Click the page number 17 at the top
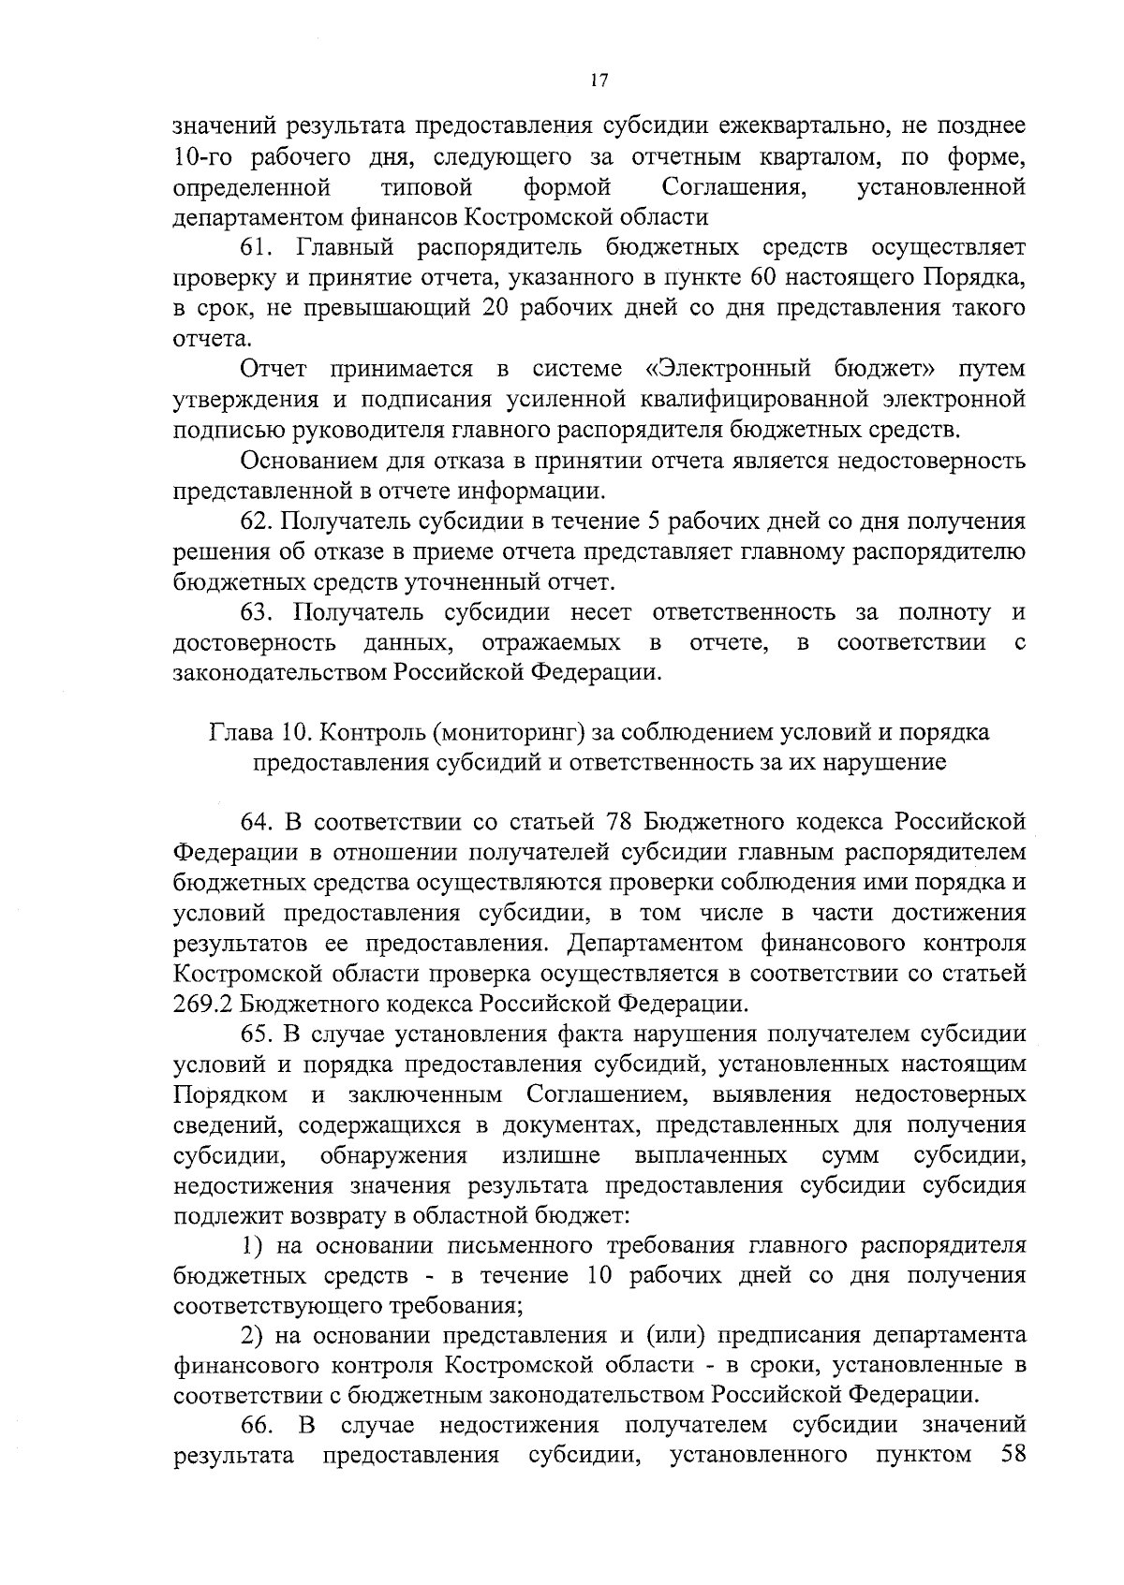(600, 81)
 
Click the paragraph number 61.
(258, 248)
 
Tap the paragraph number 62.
(258, 521)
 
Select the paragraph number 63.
(258, 613)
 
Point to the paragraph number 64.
(258, 823)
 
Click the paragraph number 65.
(258, 1035)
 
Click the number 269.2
(203, 1005)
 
